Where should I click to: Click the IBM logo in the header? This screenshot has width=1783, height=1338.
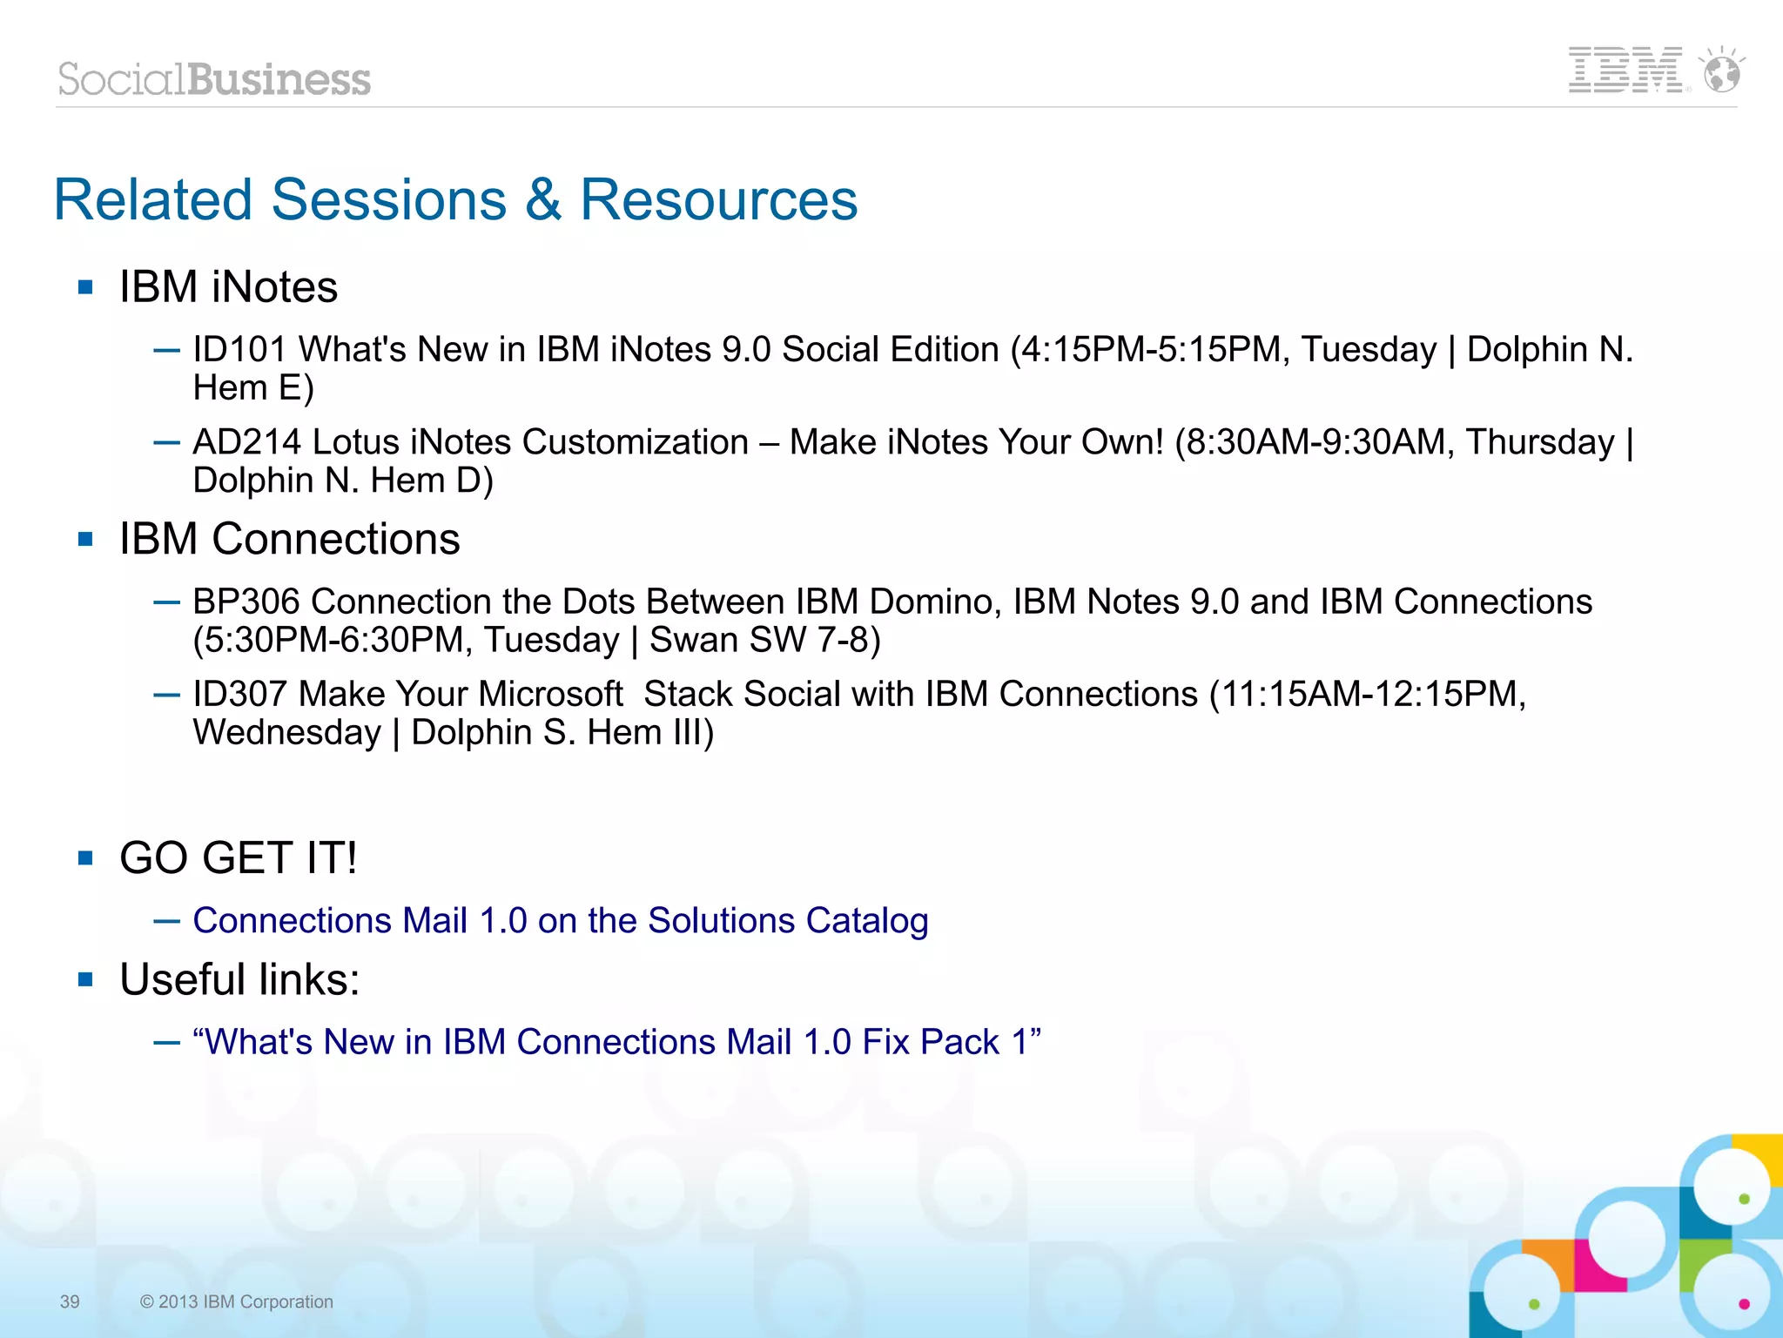pos(1625,71)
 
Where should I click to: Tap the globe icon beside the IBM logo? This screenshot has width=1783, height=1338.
pos(1722,71)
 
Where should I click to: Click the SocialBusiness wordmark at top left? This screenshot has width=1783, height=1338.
pos(214,79)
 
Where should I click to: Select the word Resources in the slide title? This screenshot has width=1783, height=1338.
pos(718,199)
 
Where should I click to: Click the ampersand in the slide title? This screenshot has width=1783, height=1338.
pos(543,199)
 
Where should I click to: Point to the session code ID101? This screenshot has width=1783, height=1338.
pos(239,350)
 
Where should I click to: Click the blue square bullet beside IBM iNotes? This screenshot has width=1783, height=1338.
pos(85,287)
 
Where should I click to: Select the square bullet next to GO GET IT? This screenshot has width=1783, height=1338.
pos(85,858)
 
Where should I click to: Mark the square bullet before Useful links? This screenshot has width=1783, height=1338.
pos(85,980)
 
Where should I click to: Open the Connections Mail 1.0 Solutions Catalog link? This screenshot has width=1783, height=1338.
pos(561,920)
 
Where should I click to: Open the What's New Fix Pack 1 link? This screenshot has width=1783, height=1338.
pos(616,1042)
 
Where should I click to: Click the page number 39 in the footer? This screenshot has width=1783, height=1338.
pos(70,1301)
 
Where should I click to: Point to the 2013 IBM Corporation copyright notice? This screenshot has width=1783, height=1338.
pos(236,1301)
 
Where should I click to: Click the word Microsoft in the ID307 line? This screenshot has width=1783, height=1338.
pos(550,694)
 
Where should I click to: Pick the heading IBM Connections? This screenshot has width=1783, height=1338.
pos(289,539)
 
